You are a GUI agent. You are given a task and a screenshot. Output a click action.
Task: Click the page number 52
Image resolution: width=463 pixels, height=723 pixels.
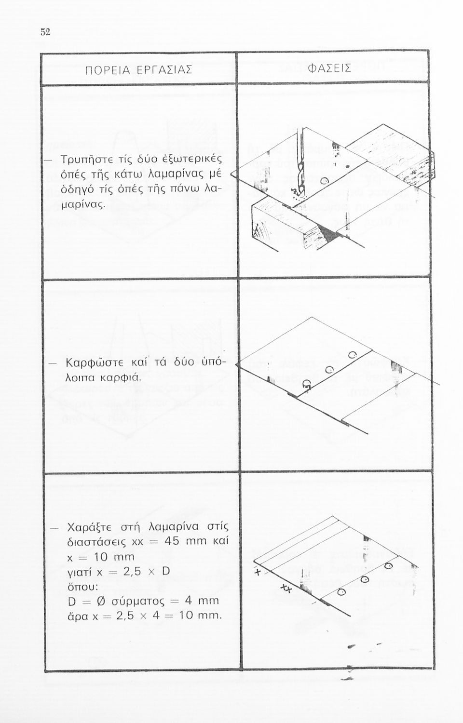tap(45, 32)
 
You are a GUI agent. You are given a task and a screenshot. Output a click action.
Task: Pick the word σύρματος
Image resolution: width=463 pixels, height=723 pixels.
tap(138, 602)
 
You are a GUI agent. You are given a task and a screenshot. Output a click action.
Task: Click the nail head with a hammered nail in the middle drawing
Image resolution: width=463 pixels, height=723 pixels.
tap(306, 384)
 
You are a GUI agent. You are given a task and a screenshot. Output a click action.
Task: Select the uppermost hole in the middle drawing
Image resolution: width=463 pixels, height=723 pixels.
tap(353, 355)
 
